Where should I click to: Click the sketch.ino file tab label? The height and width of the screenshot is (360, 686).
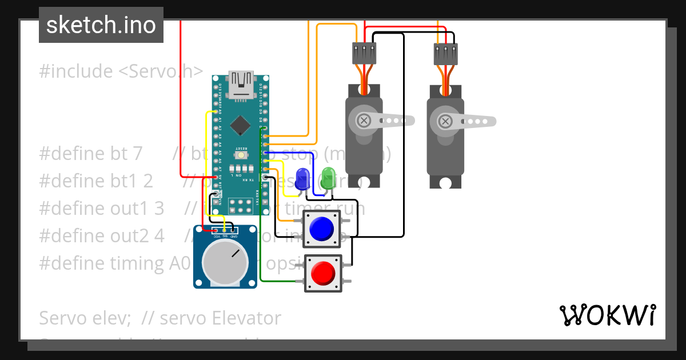(x=101, y=25)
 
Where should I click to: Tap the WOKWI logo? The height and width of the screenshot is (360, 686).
(x=607, y=315)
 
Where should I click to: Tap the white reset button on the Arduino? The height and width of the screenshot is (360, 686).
(x=241, y=155)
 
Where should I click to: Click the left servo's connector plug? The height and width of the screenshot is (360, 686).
(x=364, y=54)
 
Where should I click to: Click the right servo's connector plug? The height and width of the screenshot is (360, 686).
(x=445, y=54)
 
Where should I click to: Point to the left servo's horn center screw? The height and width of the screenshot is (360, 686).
(x=364, y=121)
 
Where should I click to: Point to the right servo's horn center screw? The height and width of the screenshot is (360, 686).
(x=445, y=121)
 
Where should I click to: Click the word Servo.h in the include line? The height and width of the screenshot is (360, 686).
(x=171, y=71)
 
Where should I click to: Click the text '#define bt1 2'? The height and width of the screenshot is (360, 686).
(x=96, y=181)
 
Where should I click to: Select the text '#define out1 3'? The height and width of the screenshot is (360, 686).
(x=102, y=208)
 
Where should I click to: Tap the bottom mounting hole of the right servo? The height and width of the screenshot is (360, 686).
(x=445, y=183)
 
